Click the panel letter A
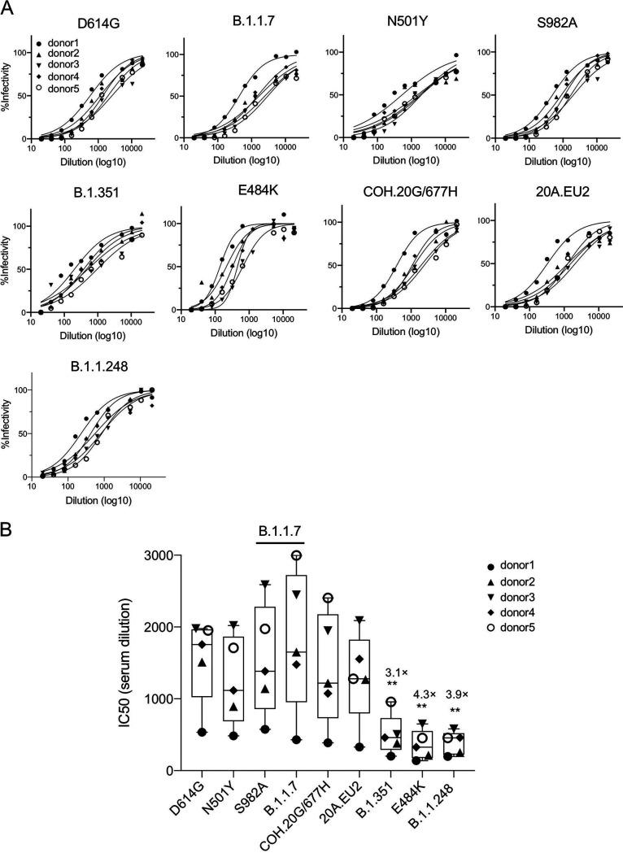(11, 9)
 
